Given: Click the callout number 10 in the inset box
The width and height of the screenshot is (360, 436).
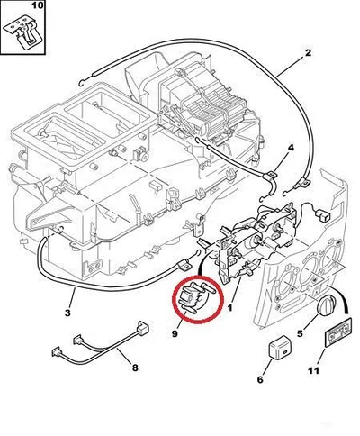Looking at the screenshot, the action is [38, 5].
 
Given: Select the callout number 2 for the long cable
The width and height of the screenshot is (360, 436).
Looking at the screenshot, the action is [308, 53].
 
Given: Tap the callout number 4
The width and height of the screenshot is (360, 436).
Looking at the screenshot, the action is [291, 148].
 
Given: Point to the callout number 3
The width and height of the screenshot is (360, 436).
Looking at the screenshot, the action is [67, 313].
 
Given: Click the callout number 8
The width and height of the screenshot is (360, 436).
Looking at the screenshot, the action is [135, 368].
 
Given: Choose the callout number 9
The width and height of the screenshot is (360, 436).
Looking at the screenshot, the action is [175, 333].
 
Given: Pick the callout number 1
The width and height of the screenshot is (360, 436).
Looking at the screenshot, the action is [230, 308].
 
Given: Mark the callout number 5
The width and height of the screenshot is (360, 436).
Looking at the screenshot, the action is [301, 333].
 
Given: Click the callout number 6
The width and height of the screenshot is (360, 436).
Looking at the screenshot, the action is [260, 379].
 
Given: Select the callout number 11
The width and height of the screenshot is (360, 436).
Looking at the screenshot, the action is [314, 371].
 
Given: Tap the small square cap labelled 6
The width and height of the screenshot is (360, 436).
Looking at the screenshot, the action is [278, 350].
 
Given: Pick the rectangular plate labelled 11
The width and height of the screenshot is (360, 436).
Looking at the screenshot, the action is [338, 333].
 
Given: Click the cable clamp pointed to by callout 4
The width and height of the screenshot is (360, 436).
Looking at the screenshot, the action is [271, 179].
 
